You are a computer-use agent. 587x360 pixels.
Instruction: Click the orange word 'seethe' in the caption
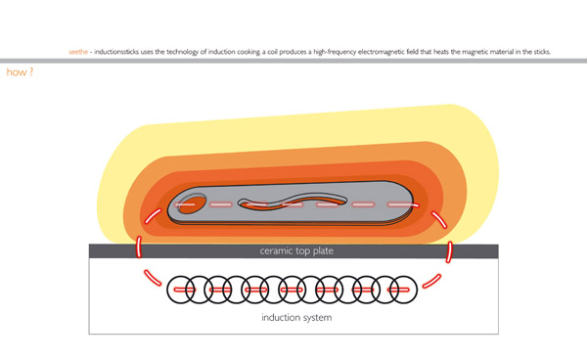pos(78,52)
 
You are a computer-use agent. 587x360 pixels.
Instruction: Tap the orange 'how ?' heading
pos(20,71)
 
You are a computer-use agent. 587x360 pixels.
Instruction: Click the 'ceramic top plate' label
pos(296,250)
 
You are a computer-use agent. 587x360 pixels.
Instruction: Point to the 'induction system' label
pos(296,317)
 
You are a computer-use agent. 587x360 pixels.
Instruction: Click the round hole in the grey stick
pos(192,203)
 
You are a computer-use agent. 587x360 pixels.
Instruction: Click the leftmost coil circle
pos(181,290)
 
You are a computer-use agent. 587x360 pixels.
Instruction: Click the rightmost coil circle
pos(403,290)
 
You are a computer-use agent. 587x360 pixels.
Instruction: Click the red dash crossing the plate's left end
pos(139,247)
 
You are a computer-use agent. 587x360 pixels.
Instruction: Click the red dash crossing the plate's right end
pos(449,251)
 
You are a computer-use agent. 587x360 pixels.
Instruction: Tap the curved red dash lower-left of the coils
pos(153,278)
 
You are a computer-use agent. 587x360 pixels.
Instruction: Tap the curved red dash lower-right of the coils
pos(431,281)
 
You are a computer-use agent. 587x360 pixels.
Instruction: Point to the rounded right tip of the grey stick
pos(413,202)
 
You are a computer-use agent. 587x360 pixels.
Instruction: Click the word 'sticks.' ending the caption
pos(541,52)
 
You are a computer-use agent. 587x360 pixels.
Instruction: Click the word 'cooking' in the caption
pos(248,52)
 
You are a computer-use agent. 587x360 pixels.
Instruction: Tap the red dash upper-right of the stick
pos(438,219)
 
